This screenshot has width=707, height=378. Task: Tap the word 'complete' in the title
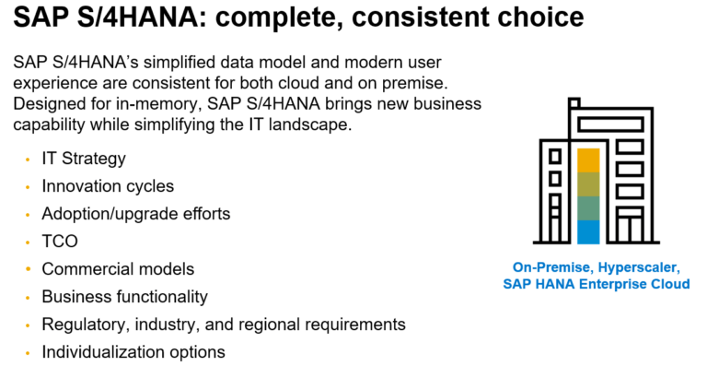pyautogui.click(x=279, y=18)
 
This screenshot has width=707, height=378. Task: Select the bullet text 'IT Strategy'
pyautogui.click(x=84, y=159)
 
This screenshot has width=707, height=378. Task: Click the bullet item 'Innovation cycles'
pyautogui.click(x=108, y=186)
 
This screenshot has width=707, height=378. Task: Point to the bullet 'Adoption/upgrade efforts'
pyautogui.click(x=135, y=214)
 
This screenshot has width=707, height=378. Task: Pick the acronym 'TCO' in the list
pyautogui.click(x=60, y=242)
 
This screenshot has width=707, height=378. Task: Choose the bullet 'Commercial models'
pyautogui.click(x=118, y=269)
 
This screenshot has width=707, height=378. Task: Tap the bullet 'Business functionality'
pyautogui.click(x=124, y=297)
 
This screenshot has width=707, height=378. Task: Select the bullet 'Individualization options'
pyautogui.click(x=133, y=352)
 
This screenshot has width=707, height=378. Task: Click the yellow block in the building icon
pyautogui.click(x=588, y=160)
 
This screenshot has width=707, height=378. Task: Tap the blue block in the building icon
pyautogui.click(x=588, y=232)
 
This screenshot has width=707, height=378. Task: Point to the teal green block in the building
pyautogui.click(x=588, y=208)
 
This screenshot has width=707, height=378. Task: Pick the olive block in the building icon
pyautogui.click(x=588, y=184)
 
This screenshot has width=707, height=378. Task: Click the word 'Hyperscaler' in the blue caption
pyautogui.click(x=639, y=267)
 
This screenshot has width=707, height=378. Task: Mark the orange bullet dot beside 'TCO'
pyautogui.click(x=28, y=242)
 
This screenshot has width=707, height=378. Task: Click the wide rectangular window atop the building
pyautogui.click(x=610, y=124)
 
